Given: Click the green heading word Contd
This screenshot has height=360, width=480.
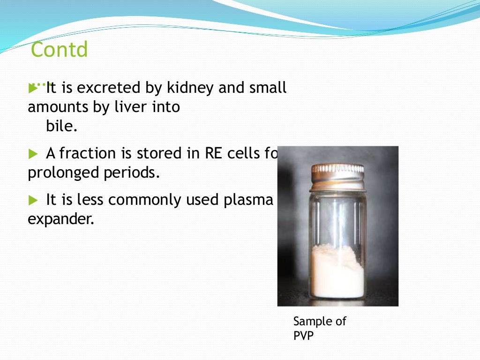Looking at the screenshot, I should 59,50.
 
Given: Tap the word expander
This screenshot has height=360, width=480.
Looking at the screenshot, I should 61,219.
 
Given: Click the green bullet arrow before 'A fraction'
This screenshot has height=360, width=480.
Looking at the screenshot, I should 32,154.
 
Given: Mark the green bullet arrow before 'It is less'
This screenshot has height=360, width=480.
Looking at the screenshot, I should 32,201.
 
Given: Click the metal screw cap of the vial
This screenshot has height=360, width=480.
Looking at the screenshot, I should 337,175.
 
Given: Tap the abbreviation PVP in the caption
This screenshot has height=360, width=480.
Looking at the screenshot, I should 303,335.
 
